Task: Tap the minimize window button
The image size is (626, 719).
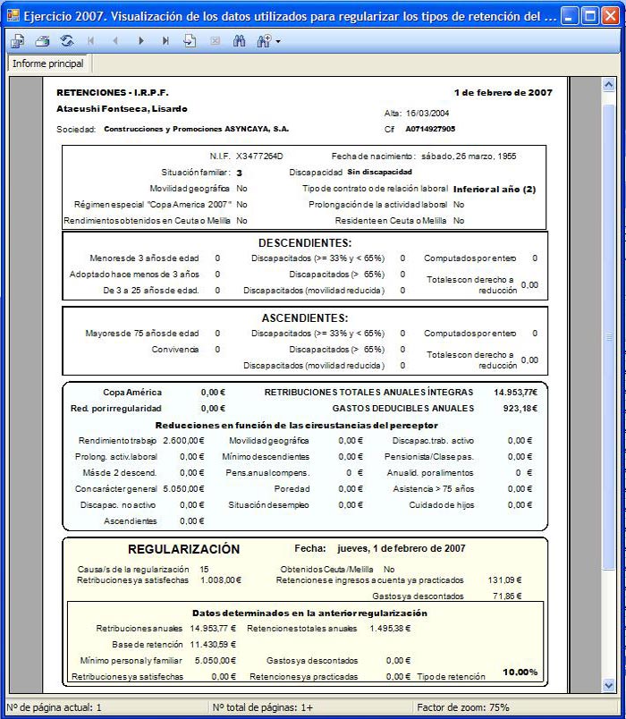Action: (x=570, y=15)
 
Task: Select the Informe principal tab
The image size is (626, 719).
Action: (x=48, y=63)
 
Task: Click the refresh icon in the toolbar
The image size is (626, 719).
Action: (x=67, y=41)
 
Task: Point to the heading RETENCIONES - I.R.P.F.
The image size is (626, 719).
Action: (x=112, y=92)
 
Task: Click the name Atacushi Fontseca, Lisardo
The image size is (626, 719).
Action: (x=122, y=108)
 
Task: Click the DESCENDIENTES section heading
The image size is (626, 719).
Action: (x=305, y=242)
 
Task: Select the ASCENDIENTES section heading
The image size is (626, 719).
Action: (x=305, y=317)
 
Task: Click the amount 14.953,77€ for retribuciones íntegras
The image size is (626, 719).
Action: (x=515, y=392)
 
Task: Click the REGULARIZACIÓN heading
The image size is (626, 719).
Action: (x=183, y=549)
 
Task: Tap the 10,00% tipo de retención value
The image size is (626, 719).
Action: (x=520, y=672)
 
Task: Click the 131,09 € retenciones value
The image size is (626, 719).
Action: (x=505, y=579)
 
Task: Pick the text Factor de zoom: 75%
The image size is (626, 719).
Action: (x=463, y=707)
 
